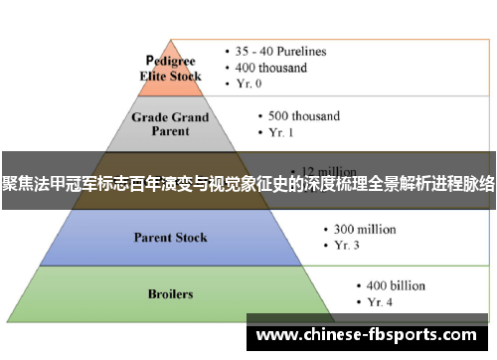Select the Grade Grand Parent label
point(171,123)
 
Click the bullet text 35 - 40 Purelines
point(280,51)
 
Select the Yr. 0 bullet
point(252,85)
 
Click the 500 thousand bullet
point(304,115)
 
